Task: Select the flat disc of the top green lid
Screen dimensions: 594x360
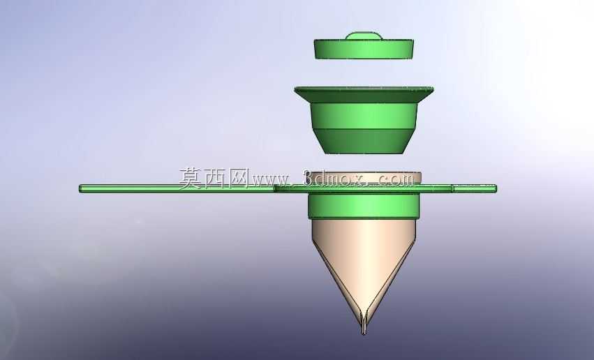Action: (364, 50)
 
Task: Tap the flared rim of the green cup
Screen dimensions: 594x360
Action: (364, 95)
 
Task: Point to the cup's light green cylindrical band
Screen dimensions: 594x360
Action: (364, 116)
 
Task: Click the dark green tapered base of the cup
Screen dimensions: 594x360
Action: (364, 141)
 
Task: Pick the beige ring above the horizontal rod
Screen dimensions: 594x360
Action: (364, 178)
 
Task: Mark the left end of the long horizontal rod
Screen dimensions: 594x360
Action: (80, 188)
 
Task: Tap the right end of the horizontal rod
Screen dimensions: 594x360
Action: (496, 188)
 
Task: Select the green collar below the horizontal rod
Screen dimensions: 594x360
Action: (364, 207)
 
